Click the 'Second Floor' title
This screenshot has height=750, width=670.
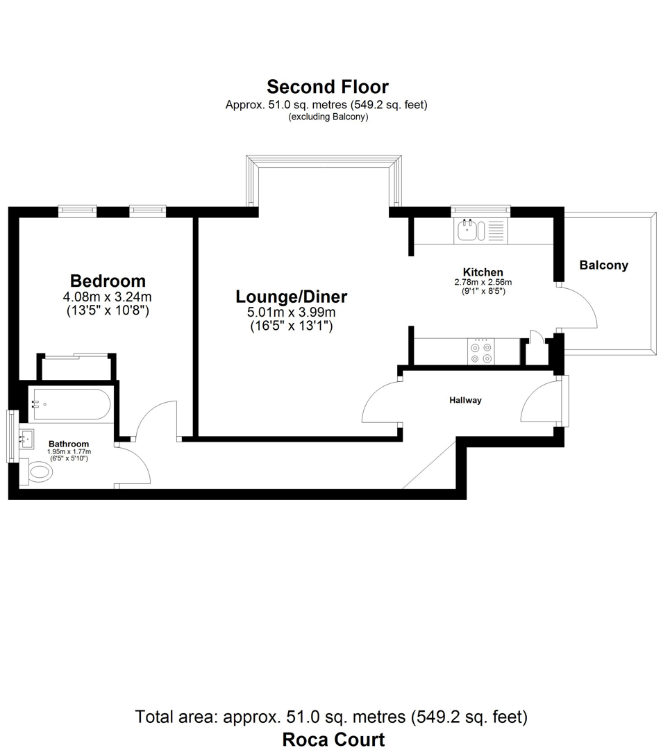tap(328, 87)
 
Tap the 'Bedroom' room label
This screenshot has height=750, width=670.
tap(108, 281)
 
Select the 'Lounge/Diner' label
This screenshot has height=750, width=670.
tap(292, 297)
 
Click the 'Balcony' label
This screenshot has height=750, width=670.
tap(603, 265)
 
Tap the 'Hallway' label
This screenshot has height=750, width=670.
tap(465, 400)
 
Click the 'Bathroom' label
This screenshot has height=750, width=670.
tap(68, 444)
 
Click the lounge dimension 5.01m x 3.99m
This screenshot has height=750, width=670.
tap(292, 312)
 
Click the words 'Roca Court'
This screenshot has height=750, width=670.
tap(333, 739)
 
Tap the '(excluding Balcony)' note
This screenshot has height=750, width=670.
tap(328, 117)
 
